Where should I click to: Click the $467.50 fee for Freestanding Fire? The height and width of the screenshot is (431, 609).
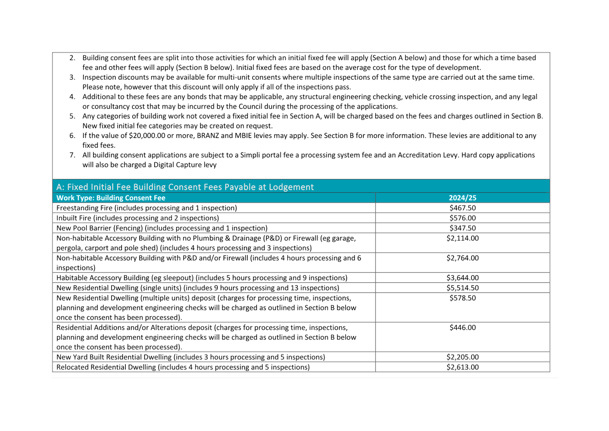pos(462,208)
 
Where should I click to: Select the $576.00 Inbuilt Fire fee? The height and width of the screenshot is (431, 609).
pos(462,218)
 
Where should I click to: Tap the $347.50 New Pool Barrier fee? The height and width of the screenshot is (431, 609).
pos(462,228)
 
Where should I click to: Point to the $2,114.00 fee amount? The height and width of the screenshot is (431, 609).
pos(462,238)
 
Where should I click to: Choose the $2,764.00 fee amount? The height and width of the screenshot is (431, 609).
pos(462,258)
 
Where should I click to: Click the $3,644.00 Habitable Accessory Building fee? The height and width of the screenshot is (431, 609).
pos(462,278)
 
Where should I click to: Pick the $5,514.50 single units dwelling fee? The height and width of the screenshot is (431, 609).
pos(462,288)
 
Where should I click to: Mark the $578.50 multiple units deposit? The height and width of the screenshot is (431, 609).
pos(462,298)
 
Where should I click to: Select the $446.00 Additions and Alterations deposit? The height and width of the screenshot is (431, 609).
pos(462,328)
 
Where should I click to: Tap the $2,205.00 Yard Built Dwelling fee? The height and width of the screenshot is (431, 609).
pos(462,357)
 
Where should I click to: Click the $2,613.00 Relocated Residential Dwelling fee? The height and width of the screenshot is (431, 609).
pos(462,367)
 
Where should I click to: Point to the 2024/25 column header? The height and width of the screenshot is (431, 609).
pos(462,198)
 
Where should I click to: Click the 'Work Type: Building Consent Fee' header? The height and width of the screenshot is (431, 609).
pos(111,198)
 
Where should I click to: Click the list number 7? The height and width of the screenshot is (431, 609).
pos(72,155)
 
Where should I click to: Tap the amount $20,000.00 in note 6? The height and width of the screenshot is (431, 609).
pos(147,136)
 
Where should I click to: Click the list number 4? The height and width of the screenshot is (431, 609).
pos(72,97)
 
